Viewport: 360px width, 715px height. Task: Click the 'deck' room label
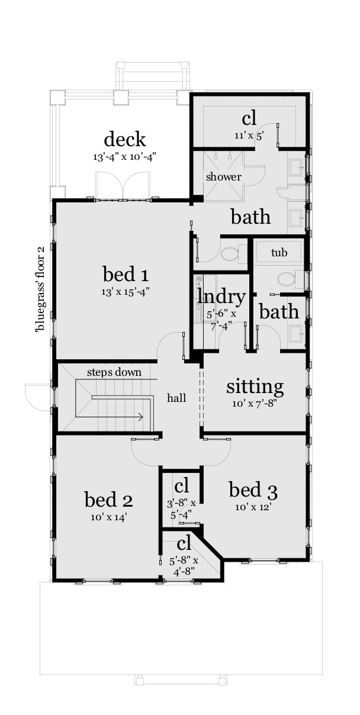pos(125,140)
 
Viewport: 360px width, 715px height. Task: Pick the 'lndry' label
pos(221,296)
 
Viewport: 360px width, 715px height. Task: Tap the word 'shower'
pos(223,177)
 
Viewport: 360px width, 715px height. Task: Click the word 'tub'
pos(279,253)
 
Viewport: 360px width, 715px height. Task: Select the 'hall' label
pos(176,398)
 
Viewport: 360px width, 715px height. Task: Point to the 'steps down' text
pos(114,372)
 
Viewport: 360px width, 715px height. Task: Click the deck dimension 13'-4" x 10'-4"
pos(125,157)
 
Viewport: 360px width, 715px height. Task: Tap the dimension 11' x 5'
pos(249,135)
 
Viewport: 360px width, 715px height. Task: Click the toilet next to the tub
pos(288,279)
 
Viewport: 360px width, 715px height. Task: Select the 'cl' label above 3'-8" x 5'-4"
pos(182,487)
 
